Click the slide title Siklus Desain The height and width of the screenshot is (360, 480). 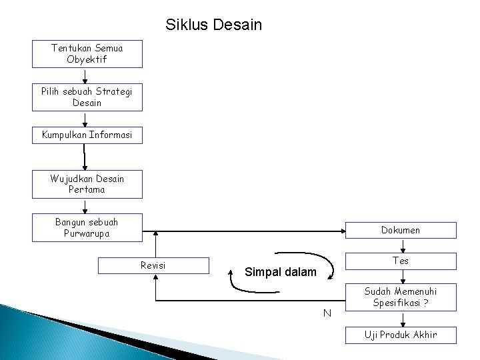pos(213,25)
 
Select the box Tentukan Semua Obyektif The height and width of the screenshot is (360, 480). pos(87,53)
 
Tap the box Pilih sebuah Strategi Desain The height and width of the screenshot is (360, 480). pos(87,97)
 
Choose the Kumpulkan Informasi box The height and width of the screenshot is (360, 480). pos(87,135)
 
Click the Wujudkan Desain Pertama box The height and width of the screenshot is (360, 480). pos(87,184)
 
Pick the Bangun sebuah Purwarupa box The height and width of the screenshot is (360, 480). pos(87,227)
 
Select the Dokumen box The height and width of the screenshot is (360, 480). pos(401,230)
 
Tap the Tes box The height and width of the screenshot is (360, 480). pos(401,261)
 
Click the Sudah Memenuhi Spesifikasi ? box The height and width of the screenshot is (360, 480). pos(401,297)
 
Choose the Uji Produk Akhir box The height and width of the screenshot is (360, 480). pos(401,335)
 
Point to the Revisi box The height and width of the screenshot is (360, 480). pos(154,265)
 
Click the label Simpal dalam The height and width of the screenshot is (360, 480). pos(281,272)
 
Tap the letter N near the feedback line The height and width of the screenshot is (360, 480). pos(327,313)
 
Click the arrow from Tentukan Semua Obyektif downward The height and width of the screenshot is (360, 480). pos(85,75)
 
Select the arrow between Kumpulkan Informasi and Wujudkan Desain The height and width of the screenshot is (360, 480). pos(85,157)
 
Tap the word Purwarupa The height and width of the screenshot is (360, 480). pos(87,233)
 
